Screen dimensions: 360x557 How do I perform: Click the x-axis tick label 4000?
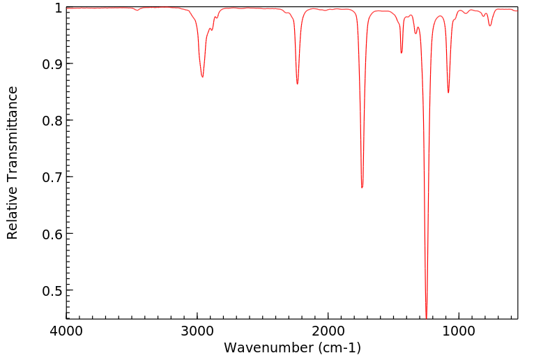(x=66, y=330)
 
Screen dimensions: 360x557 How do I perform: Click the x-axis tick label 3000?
(x=197, y=330)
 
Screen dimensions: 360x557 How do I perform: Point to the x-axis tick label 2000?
(x=328, y=330)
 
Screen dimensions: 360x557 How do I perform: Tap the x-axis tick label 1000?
(x=459, y=330)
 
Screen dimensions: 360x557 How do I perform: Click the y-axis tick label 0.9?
(x=51, y=64)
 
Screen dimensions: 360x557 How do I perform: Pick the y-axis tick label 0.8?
(x=51, y=121)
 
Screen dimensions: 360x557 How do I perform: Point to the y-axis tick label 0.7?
(x=51, y=177)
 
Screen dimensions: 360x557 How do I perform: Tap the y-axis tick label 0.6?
(x=51, y=234)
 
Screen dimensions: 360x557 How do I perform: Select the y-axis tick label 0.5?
(x=51, y=290)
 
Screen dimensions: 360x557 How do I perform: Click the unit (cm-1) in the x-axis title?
(x=338, y=347)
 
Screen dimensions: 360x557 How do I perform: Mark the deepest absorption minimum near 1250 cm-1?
(x=426, y=317)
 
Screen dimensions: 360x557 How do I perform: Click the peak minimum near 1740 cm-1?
(x=362, y=188)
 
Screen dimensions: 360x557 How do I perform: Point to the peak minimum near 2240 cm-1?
(x=297, y=84)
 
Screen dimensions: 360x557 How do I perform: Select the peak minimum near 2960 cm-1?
(x=202, y=77)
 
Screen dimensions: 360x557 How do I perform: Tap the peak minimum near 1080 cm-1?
(x=448, y=93)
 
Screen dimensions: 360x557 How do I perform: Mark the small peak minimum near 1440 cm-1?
(x=402, y=53)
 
